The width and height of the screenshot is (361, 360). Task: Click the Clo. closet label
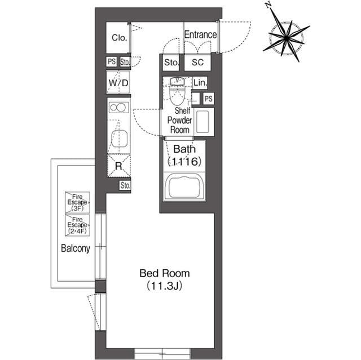[x=120, y=38]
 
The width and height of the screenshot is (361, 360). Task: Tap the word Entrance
[x=200, y=35]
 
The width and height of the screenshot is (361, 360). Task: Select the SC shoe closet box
[x=197, y=63]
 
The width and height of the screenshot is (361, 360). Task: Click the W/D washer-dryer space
[x=118, y=82]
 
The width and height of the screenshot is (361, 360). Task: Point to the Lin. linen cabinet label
[x=200, y=82]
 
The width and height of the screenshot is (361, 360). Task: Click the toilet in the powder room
[x=177, y=90]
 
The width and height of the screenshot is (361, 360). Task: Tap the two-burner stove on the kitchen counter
[x=119, y=108]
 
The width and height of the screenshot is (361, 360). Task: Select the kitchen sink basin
[x=119, y=139]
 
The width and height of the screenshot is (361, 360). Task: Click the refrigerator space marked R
[x=119, y=166]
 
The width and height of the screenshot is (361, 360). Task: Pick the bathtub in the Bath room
[x=184, y=187]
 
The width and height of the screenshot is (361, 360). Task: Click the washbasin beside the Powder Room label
[x=204, y=122]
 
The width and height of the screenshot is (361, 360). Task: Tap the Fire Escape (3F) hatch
[x=77, y=202]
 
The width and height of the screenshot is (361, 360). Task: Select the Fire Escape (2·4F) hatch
[x=77, y=225]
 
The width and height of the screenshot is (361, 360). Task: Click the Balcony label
[x=75, y=248]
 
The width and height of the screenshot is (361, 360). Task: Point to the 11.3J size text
[x=165, y=286]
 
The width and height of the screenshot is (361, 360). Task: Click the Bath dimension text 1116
[x=184, y=161]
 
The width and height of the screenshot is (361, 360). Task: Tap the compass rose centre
[x=287, y=38]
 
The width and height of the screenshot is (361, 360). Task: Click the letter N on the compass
[x=268, y=5]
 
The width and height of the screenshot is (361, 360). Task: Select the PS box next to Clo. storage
[x=112, y=61]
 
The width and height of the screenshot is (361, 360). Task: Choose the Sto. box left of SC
[x=171, y=63]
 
